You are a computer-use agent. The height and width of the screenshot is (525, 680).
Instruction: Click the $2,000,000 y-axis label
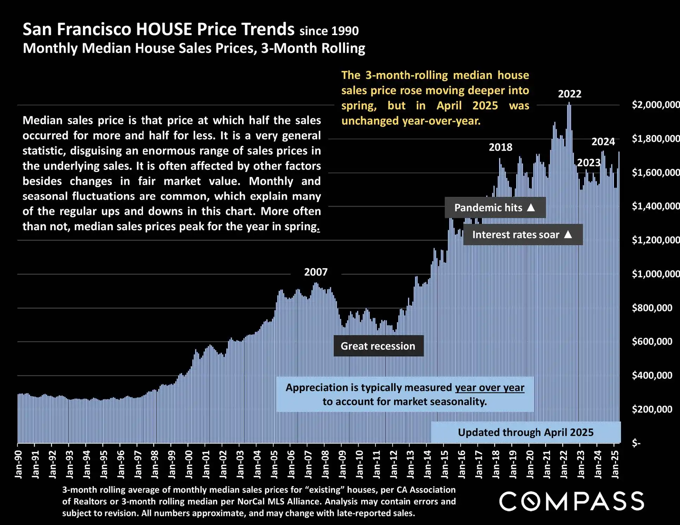coord(655,105)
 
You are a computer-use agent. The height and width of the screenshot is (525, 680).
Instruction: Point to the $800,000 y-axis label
coord(652,308)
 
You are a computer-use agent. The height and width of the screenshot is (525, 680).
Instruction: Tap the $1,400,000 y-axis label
coord(655,206)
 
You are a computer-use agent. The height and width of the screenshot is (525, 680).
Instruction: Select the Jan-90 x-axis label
coord(19,464)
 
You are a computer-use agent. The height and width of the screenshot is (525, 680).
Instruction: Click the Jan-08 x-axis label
coord(326,464)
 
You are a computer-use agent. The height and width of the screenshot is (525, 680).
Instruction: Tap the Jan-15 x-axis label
coord(445,464)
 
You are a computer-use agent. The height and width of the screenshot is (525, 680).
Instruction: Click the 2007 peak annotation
coord(316,272)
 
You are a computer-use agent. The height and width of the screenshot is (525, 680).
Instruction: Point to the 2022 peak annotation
coord(570,94)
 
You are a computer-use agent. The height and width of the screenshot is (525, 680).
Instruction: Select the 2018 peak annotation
coord(501,147)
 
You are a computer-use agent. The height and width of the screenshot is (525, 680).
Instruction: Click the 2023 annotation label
coord(589,163)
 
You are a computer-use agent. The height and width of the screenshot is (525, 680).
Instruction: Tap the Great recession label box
coord(378,346)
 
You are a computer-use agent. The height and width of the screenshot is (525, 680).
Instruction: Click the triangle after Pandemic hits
coord(531,207)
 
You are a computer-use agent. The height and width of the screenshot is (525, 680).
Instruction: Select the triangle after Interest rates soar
coord(568,234)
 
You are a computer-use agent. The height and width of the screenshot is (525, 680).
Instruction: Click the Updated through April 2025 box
coord(525,432)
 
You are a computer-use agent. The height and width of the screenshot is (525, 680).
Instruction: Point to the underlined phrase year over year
coord(490,388)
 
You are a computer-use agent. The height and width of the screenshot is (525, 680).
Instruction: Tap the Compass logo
coord(572,501)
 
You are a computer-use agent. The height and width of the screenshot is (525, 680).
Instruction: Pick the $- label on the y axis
coord(636,443)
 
